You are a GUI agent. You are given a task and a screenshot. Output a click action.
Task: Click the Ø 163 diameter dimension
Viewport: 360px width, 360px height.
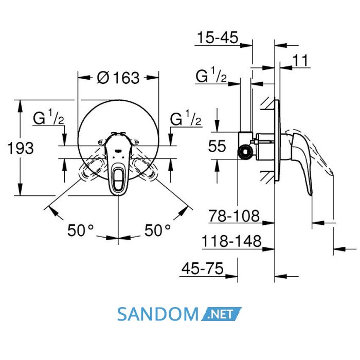point(118,78)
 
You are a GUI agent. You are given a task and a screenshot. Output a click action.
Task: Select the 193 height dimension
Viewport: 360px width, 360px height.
point(21,148)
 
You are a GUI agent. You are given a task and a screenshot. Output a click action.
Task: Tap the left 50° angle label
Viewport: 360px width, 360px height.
point(81,230)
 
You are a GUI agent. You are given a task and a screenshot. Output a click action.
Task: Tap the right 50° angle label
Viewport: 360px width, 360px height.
point(157,230)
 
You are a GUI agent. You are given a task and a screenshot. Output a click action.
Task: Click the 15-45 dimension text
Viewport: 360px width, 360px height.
point(218,38)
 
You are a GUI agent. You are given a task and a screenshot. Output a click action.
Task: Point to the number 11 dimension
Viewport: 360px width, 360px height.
point(300,60)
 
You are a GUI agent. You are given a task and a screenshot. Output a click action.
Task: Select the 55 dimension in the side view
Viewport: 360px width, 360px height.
point(217,146)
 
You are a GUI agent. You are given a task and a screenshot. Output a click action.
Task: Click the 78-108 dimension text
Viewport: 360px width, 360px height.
point(234,216)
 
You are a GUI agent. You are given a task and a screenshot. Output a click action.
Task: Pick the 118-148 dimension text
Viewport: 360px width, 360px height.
point(231,241)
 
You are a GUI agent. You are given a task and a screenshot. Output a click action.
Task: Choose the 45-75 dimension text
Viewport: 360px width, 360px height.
point(202,268)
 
